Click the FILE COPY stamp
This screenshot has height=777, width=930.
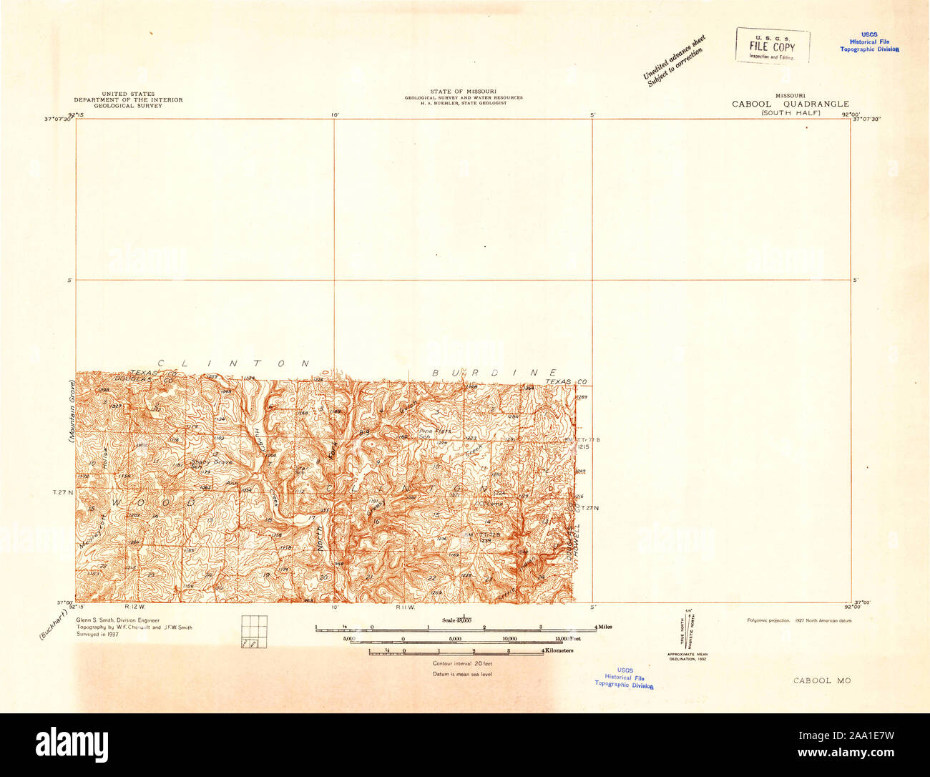772,46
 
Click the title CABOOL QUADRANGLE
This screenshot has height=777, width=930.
790,104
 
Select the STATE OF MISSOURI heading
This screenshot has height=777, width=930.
463,92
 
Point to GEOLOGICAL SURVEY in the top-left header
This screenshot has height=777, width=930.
128,105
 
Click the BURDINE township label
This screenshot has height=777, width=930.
494,373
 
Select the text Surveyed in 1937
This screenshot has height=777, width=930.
97,634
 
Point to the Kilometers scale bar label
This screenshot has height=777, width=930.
560,650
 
